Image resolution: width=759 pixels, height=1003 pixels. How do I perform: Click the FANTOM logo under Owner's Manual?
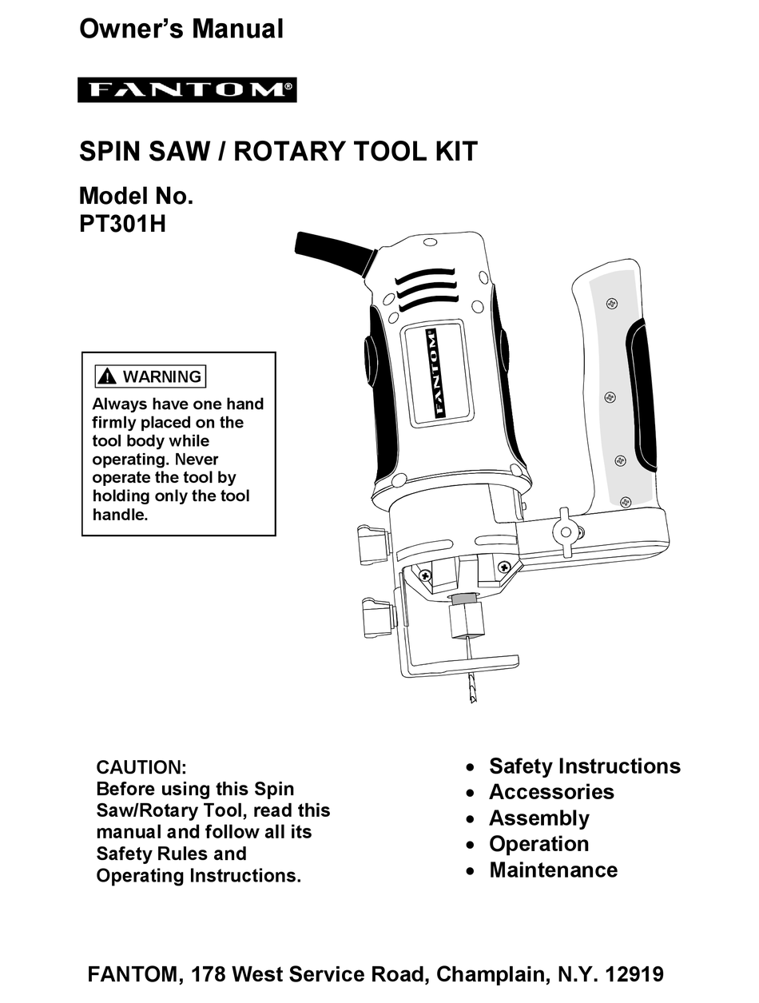pos(187,90)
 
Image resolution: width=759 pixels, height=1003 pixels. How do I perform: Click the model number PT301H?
pos(122,223)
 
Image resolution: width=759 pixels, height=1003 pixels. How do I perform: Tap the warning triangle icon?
pos(107,376)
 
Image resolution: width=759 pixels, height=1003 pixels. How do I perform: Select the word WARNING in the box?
pos(162,376)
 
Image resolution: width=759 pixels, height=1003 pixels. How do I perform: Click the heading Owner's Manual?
pos(181,30)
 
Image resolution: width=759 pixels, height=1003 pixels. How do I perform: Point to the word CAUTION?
pos(141,767)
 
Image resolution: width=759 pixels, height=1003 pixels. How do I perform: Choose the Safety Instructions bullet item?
pos(584,766)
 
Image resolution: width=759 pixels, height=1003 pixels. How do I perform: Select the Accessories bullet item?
pos(551,792)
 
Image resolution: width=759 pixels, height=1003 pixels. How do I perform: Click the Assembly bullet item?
pos(539,818)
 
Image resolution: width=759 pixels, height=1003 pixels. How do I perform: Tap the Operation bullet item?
pos(539,844)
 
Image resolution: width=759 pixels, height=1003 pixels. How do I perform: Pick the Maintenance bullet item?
pos(553,870)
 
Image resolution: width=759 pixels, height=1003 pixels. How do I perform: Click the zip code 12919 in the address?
pos(635,975)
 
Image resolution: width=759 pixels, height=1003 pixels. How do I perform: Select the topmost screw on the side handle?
pos(611,304)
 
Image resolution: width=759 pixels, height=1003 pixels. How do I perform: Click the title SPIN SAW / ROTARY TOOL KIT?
pos(278,151)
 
